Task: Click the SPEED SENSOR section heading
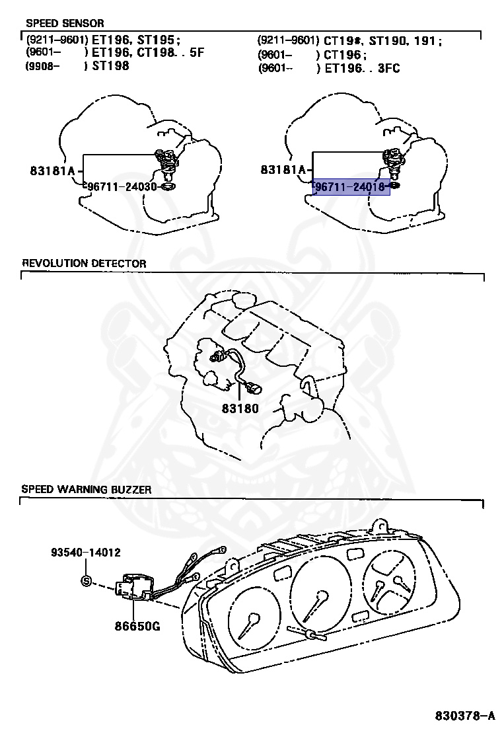[x=65, y=23]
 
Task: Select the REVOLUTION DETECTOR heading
[x=84, y=263]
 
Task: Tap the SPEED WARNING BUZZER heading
[x=87, y=490]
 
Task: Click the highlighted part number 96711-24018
[x=351, y=187]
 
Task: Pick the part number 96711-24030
[x=120, y=187]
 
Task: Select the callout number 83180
[x=240, y=408]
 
